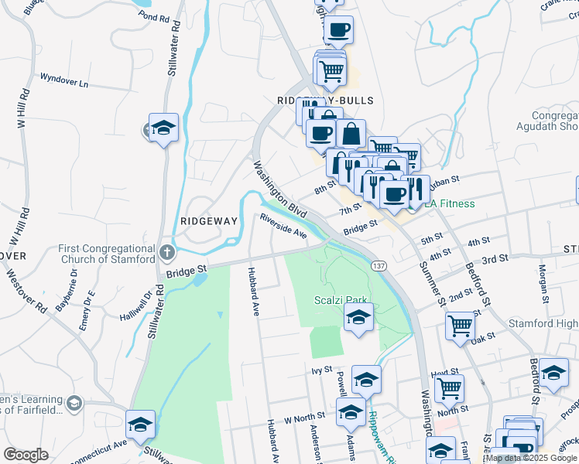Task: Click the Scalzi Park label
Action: point(341,300)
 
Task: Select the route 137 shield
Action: point(379,265)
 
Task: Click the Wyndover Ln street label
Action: point(63,80)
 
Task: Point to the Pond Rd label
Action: point(153,16)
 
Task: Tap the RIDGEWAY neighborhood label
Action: point(208,220)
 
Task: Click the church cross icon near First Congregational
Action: point(166,252)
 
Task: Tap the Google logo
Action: point(26,455)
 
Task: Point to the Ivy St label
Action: point(321,370)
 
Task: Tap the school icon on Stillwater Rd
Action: point(163,128)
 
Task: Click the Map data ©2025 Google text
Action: point(532,458)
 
